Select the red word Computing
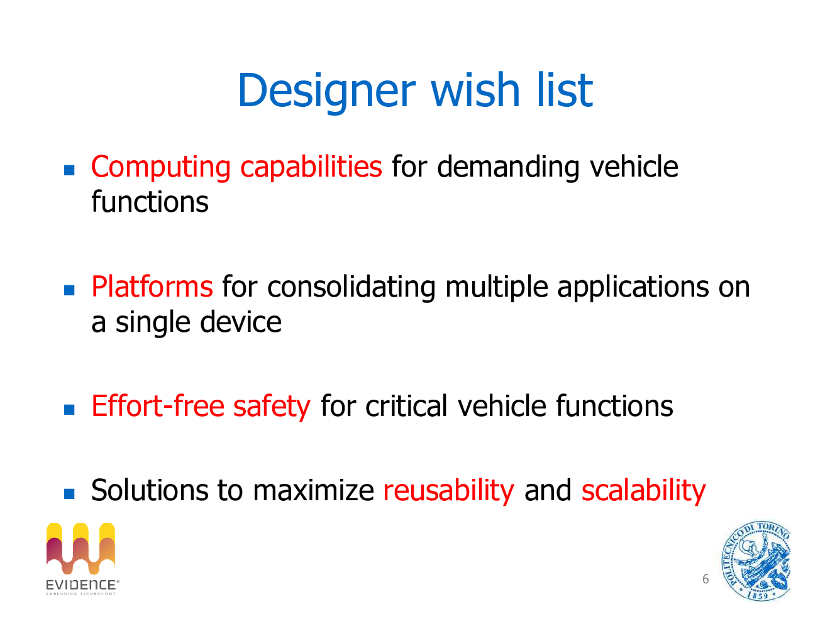[161, 168]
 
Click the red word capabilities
[311, 168]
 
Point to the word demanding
[508, 168]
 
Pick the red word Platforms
[152, 287]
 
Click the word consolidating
[351, 287]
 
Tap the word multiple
[497, 287]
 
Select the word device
[241, 322]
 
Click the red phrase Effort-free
[158, 406]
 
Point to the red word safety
[272, 407]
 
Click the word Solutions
[150, 490]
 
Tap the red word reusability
[448, 491]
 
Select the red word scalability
[643, 491]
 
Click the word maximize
[313, 490]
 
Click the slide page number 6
[705, 579]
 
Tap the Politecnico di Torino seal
[756, 561]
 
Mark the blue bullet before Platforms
[69, 290]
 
